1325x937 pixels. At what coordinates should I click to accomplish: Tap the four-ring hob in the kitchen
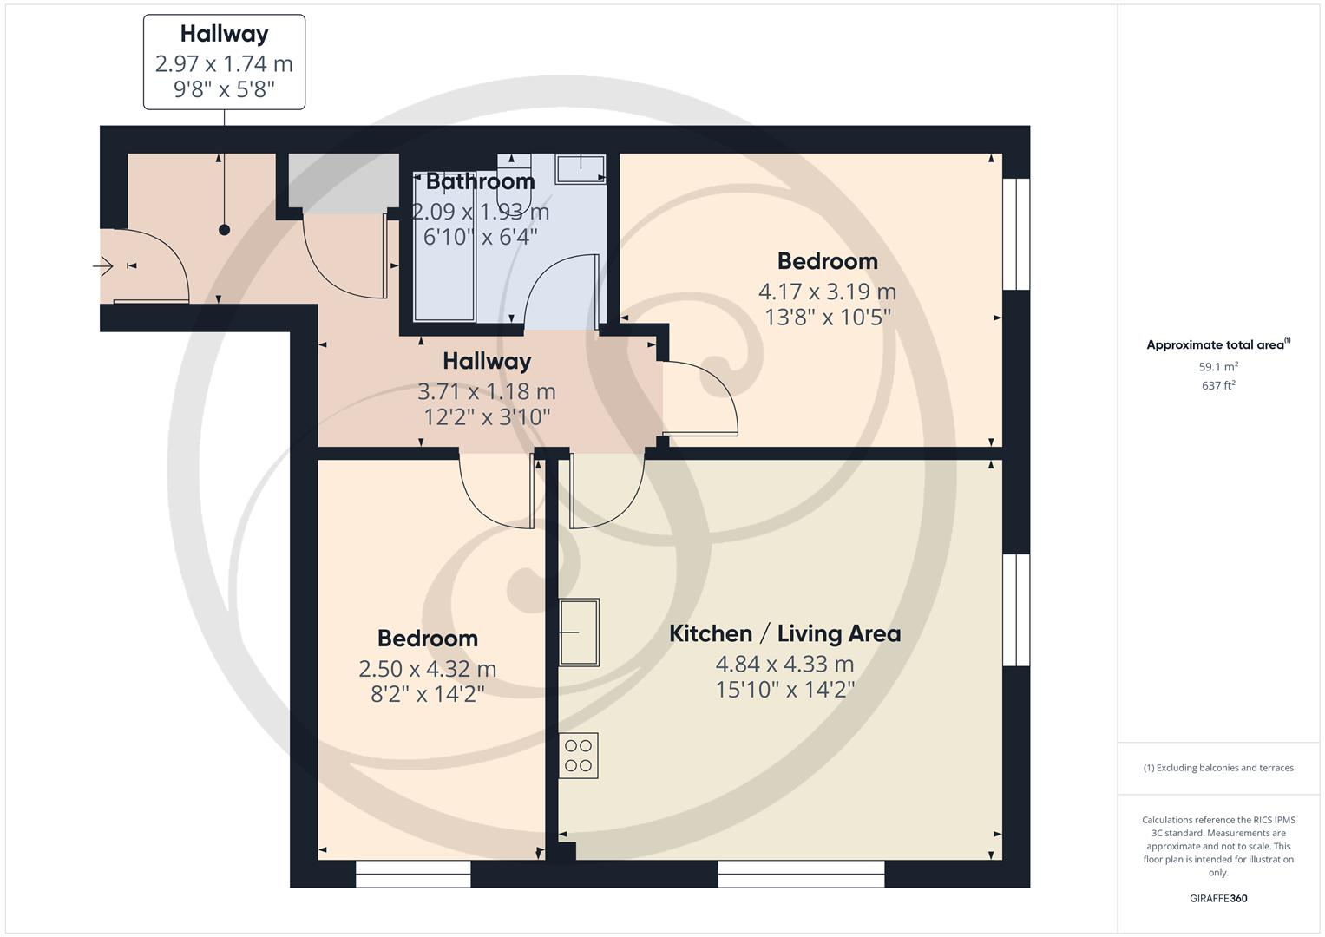coord(578,756)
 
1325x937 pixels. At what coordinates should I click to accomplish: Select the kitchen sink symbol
coord(579,632)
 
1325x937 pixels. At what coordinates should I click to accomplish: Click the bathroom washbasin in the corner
coord(581,168)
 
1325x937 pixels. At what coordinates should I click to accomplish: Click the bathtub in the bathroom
coord(444,252)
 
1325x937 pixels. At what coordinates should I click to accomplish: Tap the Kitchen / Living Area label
coord(784,633)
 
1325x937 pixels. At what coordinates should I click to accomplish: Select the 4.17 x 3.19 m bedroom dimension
coord(827,292)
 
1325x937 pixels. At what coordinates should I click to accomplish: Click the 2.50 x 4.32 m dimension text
coord(427,669)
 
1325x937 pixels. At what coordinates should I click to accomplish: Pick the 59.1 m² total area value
coord(1218,367)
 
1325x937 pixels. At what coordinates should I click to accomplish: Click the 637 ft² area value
coord(1218,385)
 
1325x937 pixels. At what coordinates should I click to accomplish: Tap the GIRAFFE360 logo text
coord(1218,898)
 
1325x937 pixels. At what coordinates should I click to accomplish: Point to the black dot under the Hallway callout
coord(225,230)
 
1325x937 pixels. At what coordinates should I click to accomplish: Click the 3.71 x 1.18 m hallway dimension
coord(486,392)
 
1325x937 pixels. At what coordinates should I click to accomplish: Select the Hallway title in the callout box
coord(224,34)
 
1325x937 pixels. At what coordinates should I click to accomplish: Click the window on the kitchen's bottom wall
coord(801,874)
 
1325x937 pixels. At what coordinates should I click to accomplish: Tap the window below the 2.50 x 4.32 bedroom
coord(413,874)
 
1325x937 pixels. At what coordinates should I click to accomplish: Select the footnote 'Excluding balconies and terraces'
coord(1218,768)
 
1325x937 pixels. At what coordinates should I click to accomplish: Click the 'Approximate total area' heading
coord(1217,344)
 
